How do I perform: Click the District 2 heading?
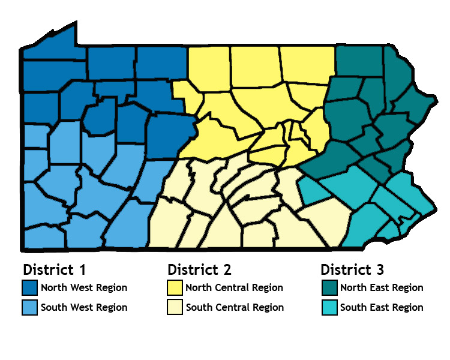(x=199, y=269)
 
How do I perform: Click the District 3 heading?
(x=352, y=269)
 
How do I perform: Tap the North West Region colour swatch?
(x=29, y=287)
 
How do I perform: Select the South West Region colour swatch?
(x=29, y=307)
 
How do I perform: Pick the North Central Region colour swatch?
(x=174, y=287)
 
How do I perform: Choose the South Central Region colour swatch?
(x=174, y=307)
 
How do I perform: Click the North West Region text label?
(x=84, y=287)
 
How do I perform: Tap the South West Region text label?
(x=84, y=307)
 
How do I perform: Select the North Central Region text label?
(x=234, y=287)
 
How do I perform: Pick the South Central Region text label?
(x=235, y=307)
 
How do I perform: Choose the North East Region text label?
(x=382, y=287)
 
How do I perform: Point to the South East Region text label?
(x=382, y=307)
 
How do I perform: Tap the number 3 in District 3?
(x=380, y=269)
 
